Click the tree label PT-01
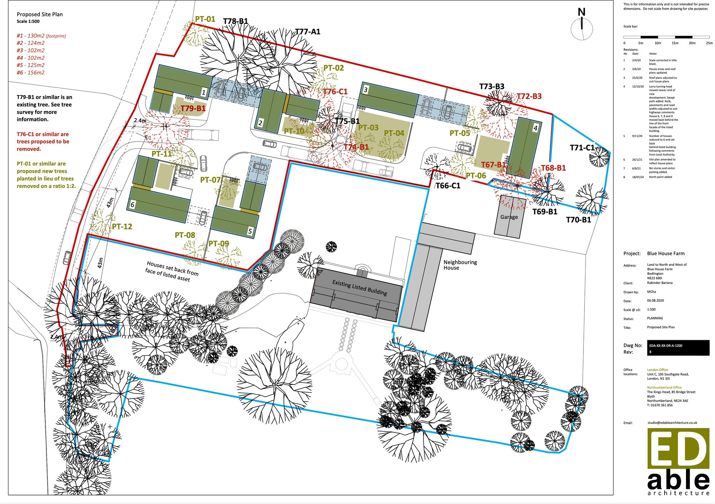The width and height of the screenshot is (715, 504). click(205, 19)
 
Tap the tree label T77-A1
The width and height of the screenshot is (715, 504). click(308, 32)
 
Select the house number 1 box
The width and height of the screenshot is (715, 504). click(203, 92)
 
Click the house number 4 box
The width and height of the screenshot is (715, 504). click(535, 128)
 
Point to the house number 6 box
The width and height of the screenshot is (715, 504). click(132, 205)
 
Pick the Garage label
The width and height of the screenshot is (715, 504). click(509, 217)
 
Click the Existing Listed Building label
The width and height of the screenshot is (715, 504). click(360, 287)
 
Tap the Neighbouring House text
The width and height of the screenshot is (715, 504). click(460, 265)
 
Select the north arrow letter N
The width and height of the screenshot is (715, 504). click(582, 12)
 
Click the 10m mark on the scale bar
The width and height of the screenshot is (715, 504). click(658, 43)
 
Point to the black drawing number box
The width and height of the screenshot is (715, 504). click(678, 348)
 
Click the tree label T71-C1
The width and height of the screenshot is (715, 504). click(582, 148)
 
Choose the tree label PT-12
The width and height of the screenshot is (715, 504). click(122, 226)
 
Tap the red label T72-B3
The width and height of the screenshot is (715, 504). click(529, 96)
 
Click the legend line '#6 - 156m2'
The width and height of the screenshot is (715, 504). click(31, 73)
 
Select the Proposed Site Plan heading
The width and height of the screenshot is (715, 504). click(40, 14)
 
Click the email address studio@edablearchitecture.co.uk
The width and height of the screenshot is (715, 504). click(672, 422)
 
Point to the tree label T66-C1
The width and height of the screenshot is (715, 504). click(448, 186)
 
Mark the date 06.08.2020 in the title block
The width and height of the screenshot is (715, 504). click(655, 300)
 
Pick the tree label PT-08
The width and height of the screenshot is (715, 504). click(185, 235)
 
